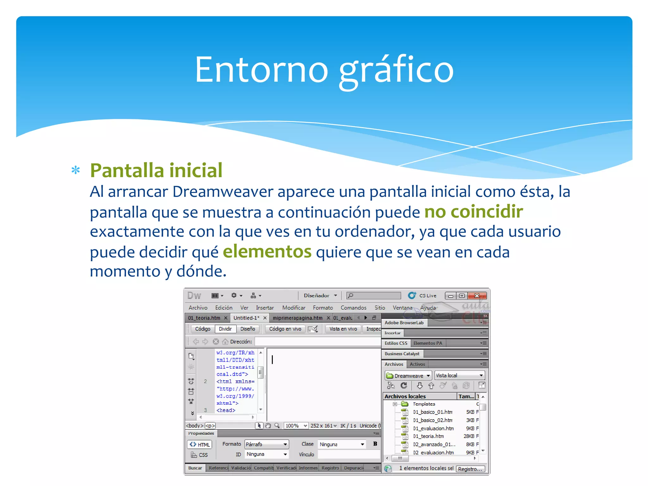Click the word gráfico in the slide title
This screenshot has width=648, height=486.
[396, 70]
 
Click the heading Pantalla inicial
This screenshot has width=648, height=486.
[156, 171]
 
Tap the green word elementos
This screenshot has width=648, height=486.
[267, 252]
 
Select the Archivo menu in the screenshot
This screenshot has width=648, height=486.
[198, 308]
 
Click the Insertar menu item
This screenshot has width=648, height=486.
[265, 308]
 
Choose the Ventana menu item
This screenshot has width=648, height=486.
[402, 308]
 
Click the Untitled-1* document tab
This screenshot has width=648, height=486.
[246, 318]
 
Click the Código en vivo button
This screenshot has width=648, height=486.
[285, 329]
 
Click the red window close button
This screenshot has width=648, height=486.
[477, 296]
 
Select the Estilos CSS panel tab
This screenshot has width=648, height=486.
[396, 343]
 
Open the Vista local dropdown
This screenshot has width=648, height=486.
[459, 376]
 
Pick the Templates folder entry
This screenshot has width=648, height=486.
[424, 404]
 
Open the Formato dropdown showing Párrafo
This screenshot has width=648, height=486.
[267, 444]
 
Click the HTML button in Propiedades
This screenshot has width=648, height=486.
[200, 445]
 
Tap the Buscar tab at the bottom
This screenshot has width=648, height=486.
[195, 468]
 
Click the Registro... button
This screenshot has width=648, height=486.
[470, 469]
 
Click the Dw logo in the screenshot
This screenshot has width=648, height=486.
[194, 296]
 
